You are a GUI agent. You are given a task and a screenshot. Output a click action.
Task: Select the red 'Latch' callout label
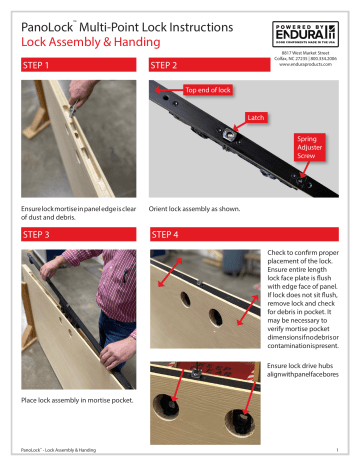click(x=257, y=117)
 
